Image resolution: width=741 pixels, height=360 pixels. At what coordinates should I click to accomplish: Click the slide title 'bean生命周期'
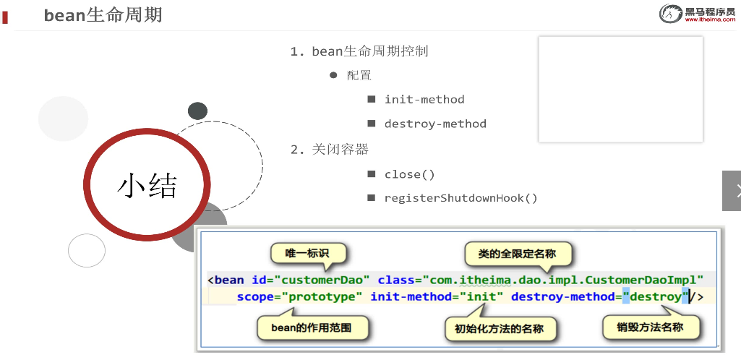[103, 14]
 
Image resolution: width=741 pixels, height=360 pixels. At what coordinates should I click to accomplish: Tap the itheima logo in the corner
[696, 14]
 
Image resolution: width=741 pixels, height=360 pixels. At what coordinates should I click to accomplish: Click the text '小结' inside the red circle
[147, 186]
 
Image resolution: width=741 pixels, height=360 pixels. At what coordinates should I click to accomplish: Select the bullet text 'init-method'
[424, 100]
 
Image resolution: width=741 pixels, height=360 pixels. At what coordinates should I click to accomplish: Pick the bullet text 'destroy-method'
[435, 124]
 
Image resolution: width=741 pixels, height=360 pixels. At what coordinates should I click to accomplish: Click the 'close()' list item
[409, 174]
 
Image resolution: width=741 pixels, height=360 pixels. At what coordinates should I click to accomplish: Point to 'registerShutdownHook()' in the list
[461, 198]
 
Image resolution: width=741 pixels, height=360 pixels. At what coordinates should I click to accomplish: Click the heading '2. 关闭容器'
[330, 150]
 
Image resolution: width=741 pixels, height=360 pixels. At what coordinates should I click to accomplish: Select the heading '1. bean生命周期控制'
[359, 51]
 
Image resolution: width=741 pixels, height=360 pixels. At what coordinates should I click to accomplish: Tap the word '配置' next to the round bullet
[359, 75]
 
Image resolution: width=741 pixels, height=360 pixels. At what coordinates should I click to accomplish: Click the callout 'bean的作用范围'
[312, 328]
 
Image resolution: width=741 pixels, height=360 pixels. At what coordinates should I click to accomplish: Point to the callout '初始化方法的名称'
[494, 330]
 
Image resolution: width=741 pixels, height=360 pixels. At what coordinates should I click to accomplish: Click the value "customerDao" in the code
[322, 280]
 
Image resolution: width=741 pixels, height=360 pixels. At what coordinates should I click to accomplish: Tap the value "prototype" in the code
[322, 296]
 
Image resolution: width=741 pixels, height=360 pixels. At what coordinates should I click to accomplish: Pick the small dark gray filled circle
[197, 111]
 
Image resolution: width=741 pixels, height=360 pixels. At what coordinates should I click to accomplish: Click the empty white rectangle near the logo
[620, 90]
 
